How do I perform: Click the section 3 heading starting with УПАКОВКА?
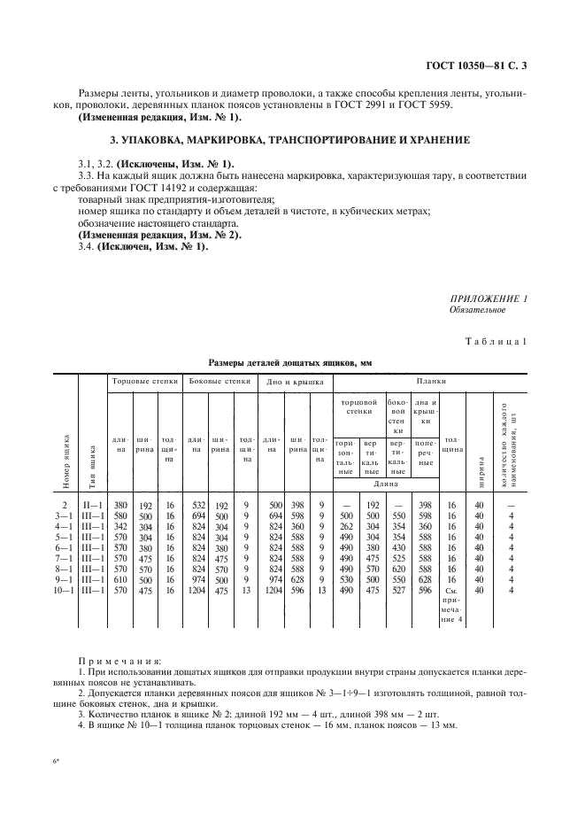point(292,141)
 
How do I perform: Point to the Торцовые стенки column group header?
point(143,381)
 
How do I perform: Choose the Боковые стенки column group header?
point(217,381)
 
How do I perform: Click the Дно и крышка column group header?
point(295,382)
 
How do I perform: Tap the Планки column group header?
point(433,381)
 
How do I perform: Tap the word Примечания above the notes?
point(119,661)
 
